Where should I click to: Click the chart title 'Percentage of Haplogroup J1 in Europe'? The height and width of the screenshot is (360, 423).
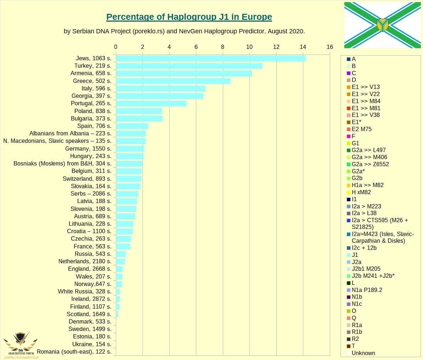pyautogui.click(x=189, y=17)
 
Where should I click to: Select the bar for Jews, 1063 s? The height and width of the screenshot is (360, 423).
pyautogui.click(x=210, y=58)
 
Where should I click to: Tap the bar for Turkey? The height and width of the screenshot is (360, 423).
pyautogui.click(x=189, y=66)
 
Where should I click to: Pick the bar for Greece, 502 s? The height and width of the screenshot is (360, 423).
pyautogui.click(x=173, y=81)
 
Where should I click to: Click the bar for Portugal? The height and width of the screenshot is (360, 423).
pyautogui.click(x=151, y=103)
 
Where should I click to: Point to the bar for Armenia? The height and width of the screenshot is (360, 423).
pyautogui.click(x=184, y=73)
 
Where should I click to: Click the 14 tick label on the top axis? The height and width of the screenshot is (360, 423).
pyautogui.click(x=303, y=47)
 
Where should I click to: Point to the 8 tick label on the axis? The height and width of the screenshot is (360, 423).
pyautogui.click(x=223, y=47)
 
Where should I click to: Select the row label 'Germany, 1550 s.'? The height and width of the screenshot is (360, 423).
pyautogui.click(x=88, y=148)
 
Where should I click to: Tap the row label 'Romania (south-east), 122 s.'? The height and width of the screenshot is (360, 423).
pyautogui.click(x=74, y=351)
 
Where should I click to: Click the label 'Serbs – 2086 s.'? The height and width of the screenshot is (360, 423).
pyautogui.click(x=91, y=193)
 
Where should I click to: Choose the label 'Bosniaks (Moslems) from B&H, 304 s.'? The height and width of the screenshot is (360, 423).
pyautogui.click(x=62, y=163)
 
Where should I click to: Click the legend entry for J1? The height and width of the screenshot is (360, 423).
pyautogui.click(x=355, y=255)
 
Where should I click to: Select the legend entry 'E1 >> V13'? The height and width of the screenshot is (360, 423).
pyautogui.click(x=366, y=87)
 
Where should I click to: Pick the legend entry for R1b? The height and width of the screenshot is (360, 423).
pyautogui.click(x=357, y=332)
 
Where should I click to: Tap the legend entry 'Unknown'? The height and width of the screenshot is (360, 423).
pyautogui.click(x=363, y=353)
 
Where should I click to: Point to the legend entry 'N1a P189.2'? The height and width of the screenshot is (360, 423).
pyautogui.click(x=367, y=290)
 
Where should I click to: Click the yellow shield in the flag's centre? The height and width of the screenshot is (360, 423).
pyautogui.click(x=382, y=25)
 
